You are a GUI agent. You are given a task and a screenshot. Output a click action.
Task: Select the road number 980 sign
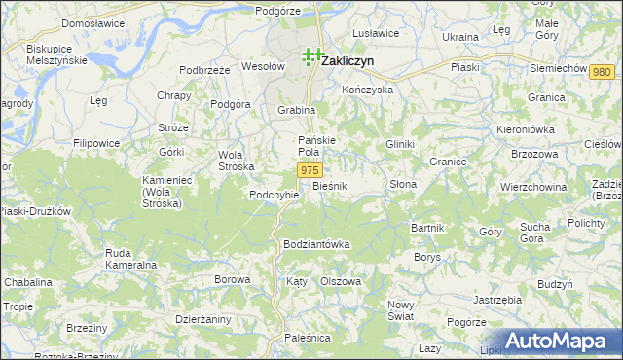click(602, 73)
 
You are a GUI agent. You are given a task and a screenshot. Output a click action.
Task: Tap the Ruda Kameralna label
click(132, 259)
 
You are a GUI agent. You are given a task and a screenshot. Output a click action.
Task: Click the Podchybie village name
click(273, 194)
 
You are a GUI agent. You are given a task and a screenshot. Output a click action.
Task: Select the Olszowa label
click(341, 281)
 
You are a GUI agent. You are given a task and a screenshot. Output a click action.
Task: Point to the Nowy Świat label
click(401, 310)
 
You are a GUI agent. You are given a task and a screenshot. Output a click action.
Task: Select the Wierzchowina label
click(532, 186)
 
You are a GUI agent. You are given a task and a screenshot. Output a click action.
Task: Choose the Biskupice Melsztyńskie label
click(56, 54)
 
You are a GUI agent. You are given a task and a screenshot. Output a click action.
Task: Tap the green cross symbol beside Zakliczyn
click(311, 56)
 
